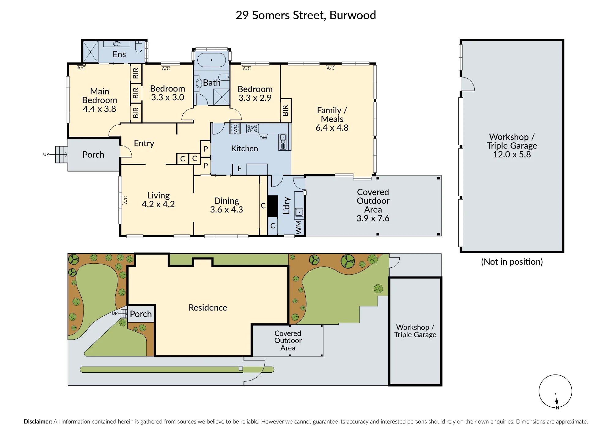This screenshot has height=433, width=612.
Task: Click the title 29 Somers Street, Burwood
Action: [x=306, y=15]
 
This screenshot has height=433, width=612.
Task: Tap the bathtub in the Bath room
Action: [x=211, y=60]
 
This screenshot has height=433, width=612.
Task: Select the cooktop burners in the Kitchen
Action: [x=253, y=129]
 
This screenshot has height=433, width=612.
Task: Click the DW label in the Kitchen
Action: [x=263, y=138]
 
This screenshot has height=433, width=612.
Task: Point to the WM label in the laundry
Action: [x=299, y=228]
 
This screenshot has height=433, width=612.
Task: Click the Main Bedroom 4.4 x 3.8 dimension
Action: [x=99, y=109]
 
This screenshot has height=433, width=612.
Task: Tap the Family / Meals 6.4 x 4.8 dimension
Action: [x=332, y=128]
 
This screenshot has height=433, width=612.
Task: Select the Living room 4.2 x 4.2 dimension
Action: [x=158, y=204]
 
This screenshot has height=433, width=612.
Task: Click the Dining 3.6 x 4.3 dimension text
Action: [x=226, y=210]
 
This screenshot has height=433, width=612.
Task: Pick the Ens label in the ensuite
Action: [x=119, y=55]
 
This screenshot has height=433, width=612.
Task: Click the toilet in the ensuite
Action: [x=139, y=47]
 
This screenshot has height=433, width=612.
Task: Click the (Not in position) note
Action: [x=512, y=262]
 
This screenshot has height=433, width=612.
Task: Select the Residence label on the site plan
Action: [x=208, y=308]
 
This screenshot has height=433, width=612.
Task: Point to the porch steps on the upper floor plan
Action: [x=62, y=154]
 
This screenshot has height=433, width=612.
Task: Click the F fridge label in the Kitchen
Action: [x=239, y=169]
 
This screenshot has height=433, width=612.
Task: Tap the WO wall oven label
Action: [x=235, y=129]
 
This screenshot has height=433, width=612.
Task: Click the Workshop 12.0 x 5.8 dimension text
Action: [x=512, y=154]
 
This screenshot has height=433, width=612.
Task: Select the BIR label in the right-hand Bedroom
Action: [x=285, y=111]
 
